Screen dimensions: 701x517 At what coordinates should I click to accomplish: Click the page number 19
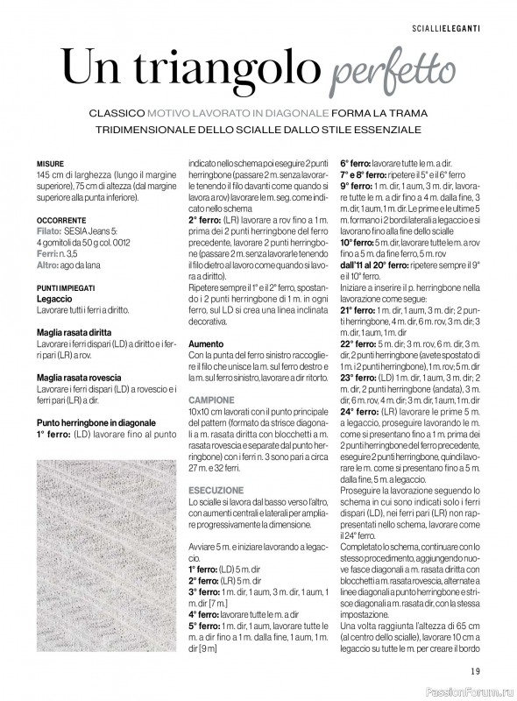(474, 670)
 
